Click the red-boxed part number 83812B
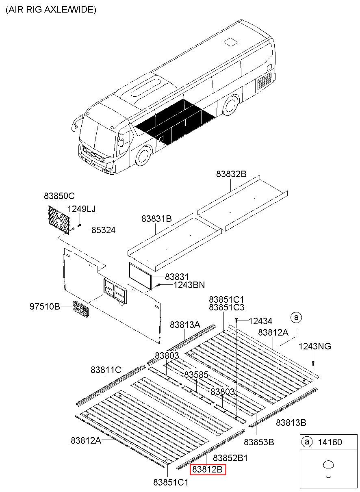point(207,470)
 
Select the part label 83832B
point(231,174)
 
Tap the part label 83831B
point(156,219)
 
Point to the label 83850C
point(59,196)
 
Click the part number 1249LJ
point(81,209)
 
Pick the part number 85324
point(103,230)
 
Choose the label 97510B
point(45,306)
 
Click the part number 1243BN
point(189,285)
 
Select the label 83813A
point(185,325)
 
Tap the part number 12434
point(260,321)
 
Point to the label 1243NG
point(314,346)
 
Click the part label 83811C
point(106,370)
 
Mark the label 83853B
point(259,442)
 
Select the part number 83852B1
point(230,457)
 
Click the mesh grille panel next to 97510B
point(81,310)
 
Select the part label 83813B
point(291,422)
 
